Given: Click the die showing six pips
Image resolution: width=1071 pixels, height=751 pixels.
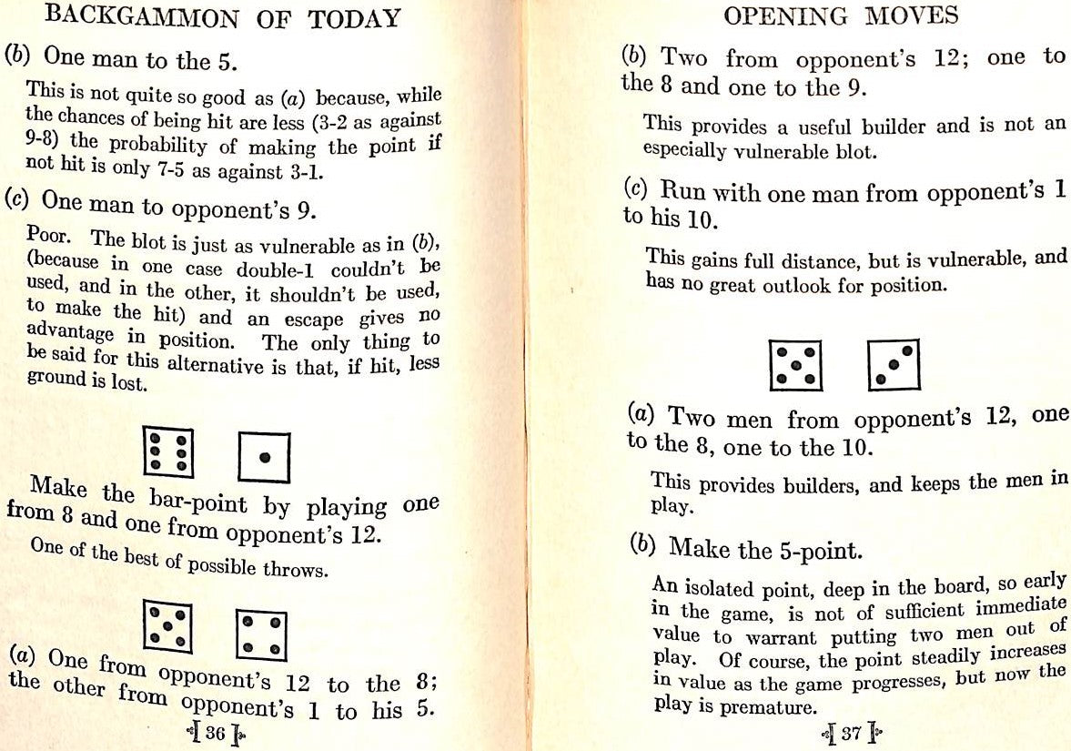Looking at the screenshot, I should pos(169,452).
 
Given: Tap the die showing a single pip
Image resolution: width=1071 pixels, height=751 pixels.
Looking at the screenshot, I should pos(264,458).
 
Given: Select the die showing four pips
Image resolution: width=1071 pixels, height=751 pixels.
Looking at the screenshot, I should pos(261,634).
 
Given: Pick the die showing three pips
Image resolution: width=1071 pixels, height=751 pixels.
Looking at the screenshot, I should pos(894,364).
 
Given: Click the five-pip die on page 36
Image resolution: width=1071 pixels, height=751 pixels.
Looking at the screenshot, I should pos(167,628).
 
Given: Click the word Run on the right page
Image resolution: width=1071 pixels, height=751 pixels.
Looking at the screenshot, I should pos(683,191).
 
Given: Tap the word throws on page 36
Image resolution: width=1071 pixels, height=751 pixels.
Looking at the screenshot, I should pos(299,570).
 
